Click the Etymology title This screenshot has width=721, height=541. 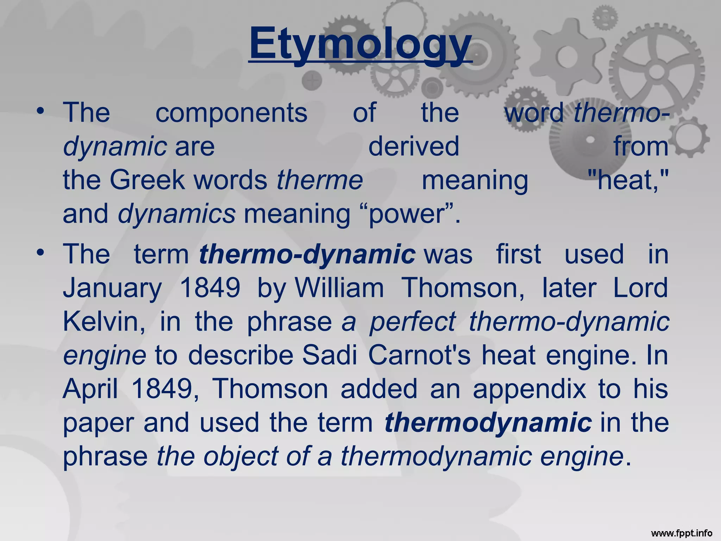tap(360, 44)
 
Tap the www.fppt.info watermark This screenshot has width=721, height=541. tap(682, 533)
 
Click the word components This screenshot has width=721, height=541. tap(231, 113)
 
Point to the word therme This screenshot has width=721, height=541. tap(320, 180)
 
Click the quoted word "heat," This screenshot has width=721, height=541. tap(628, 180)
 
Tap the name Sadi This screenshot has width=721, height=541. tap(330, 356)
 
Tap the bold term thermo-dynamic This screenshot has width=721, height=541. tap(307, 254)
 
